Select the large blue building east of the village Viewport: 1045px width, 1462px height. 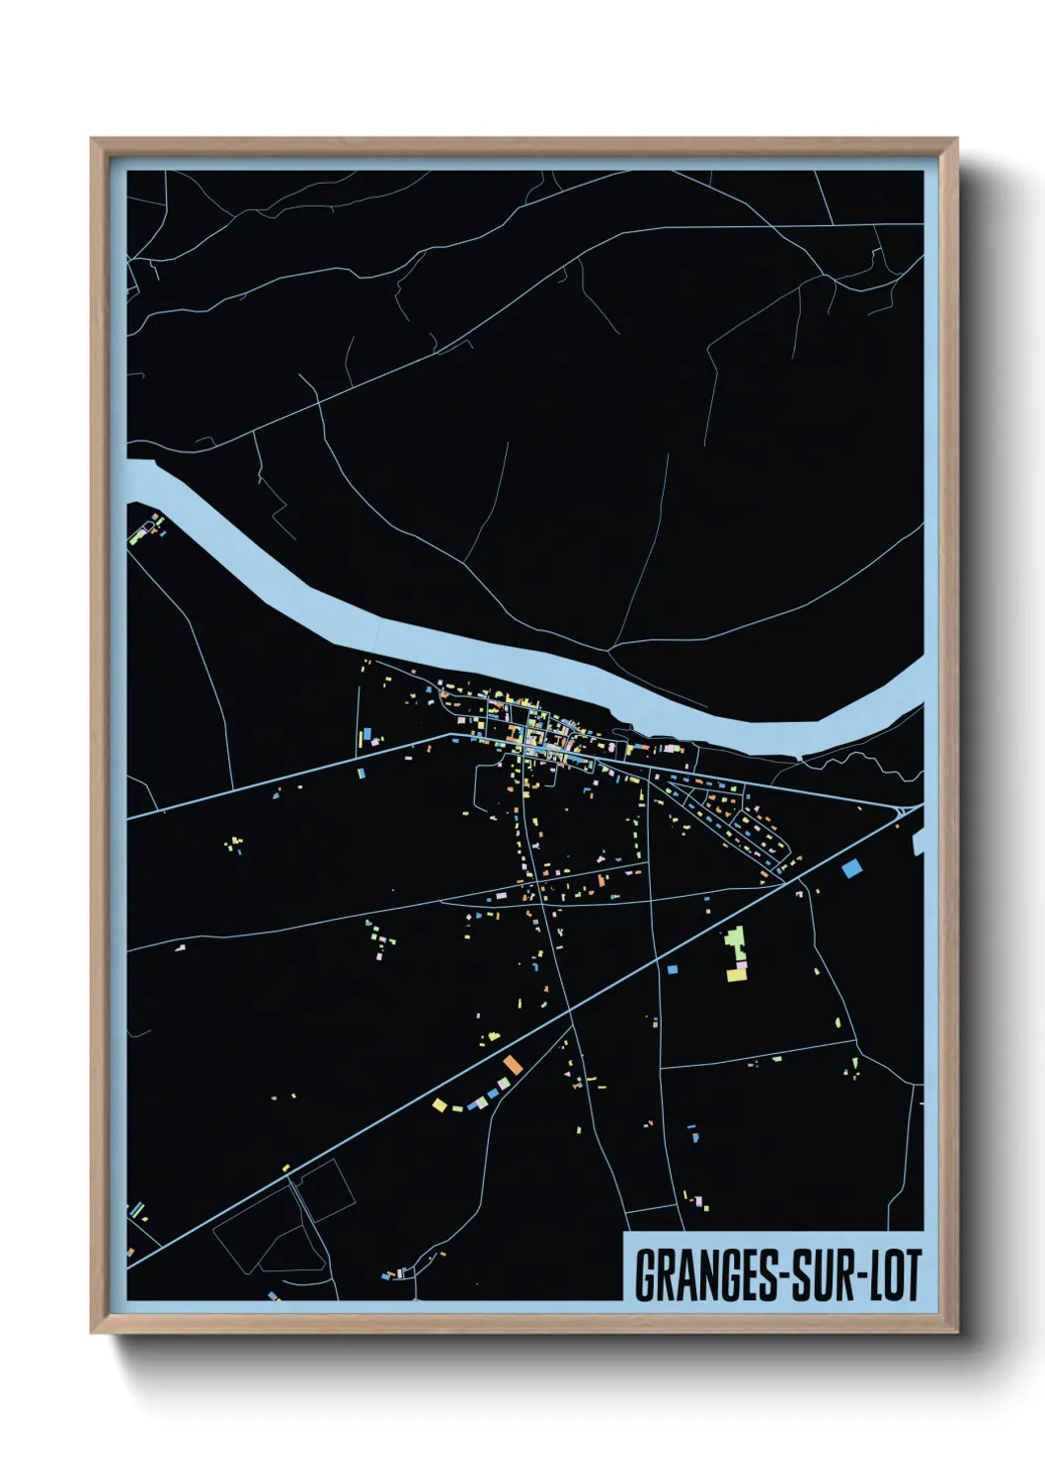click(x=851, y=868)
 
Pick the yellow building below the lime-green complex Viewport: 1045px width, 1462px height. click(x=736, y=976)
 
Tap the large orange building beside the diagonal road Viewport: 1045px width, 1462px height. click(x=512, y=1064)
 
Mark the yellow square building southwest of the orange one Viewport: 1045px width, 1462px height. click(x=441, y=1104)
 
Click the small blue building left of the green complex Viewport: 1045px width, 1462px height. click(x=673, y=969)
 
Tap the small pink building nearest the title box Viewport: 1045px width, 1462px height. click(x=700, y=1202)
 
